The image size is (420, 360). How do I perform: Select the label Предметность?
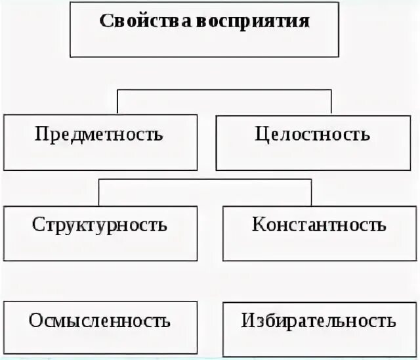tap(98, 136)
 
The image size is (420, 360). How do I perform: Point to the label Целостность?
tap(312, 135)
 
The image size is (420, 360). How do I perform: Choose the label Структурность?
tap(98, 225)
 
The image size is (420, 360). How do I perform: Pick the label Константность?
tap(319, 225)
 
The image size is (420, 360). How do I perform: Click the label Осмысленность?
tap(100, 321)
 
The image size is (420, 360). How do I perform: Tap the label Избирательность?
tap(318, 321)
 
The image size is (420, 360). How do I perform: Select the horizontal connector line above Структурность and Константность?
tap(205, 179)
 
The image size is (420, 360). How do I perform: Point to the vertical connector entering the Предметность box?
tap(118, 102)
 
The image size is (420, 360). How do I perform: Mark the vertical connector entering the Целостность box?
tap(331, 102)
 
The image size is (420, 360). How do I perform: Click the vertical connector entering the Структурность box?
tap(98, 192)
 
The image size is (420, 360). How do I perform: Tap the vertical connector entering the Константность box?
tap(312, 192)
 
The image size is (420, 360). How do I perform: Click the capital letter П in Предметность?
tap(41, 136)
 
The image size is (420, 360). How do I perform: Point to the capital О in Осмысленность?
tap(35, 321)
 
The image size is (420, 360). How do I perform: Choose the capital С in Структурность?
tap(37, 225)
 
